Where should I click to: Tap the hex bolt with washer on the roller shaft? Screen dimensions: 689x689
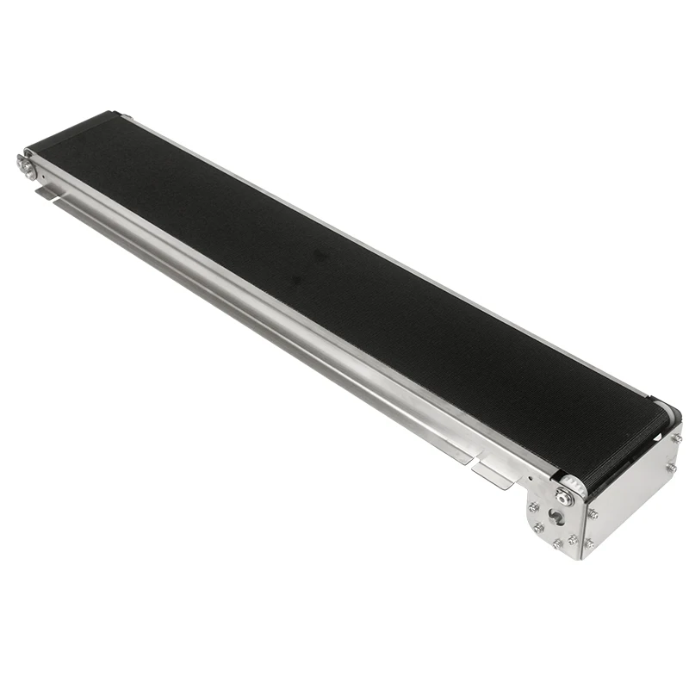(x=564, y=497)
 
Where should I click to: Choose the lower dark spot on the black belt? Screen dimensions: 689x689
(x=297, y=279)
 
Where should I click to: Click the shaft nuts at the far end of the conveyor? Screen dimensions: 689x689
(x=26, y=166)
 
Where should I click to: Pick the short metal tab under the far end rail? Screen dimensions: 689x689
(x=47, y=193)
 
